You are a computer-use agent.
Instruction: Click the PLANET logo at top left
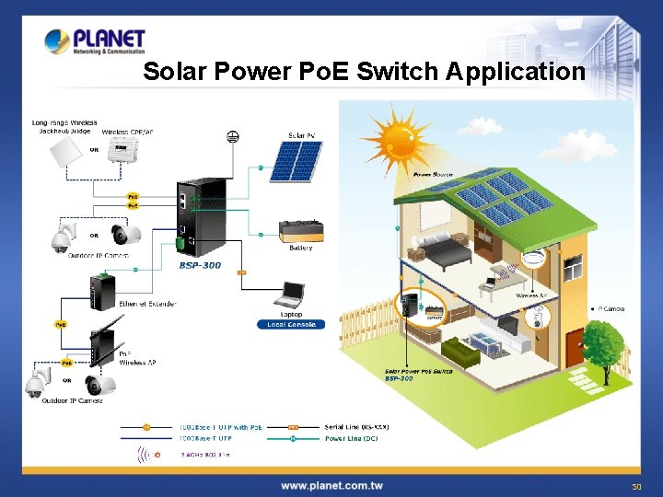95,41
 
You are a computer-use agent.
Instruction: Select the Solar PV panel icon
295,159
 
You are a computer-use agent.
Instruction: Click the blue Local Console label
291,324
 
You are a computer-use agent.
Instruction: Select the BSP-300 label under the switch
200,264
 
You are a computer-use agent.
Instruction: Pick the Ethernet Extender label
147,303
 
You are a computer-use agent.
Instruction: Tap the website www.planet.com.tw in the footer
332,485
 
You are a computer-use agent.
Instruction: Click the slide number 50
635,485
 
